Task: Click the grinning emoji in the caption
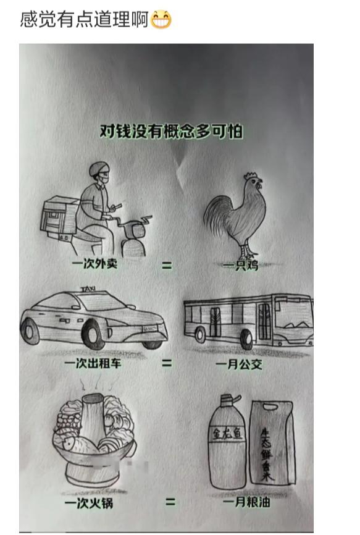pos(161,20)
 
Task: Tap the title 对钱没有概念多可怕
pos(171,132)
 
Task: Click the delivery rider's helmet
pos(99,171)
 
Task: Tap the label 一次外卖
pos(94,265)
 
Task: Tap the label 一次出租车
pos(93,363)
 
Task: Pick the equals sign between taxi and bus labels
pos(167,363)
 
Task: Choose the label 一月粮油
pos(246,503)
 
